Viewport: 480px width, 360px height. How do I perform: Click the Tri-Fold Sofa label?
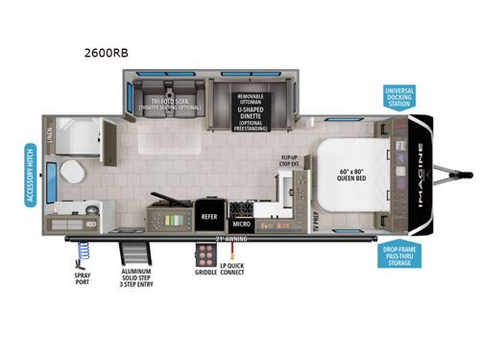pos(169,103)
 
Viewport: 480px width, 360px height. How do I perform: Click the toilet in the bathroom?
pos(69,176)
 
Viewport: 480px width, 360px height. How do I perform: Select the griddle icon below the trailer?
pos(204,254)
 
